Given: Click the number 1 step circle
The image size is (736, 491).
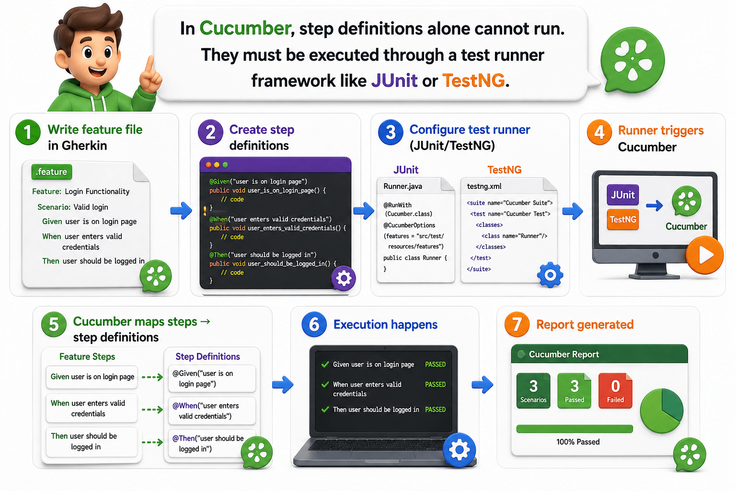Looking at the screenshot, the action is pos(28,132).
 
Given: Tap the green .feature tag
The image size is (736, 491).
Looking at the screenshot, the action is pos(52,172).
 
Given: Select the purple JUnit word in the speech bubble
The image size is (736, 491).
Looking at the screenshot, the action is pos(394,81).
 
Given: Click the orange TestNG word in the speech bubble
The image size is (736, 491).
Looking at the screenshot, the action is pos(473,81).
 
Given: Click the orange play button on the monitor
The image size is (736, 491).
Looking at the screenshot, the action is pos(704,255).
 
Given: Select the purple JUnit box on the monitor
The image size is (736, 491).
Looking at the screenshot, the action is pos(622,195).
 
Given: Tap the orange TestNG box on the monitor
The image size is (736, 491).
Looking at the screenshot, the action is pos(622,220).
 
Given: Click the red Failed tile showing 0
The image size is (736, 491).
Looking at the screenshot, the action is pos(615,391).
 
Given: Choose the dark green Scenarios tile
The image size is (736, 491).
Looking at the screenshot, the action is pos(533,391).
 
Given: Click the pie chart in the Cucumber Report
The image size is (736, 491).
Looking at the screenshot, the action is pos(662,410).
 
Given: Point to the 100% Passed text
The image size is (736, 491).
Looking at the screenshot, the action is pos(578,442).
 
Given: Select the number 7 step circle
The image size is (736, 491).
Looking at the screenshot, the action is pos(517,324).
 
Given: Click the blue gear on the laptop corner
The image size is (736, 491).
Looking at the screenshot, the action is pos(459,450).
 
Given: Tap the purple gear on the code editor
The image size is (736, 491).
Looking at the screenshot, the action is pos(344,278).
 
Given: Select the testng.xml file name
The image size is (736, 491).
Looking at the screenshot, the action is pos(484,186).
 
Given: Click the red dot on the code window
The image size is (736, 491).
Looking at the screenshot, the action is pos(208,164).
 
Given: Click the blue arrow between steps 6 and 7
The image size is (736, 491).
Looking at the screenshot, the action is pos(482,384).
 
